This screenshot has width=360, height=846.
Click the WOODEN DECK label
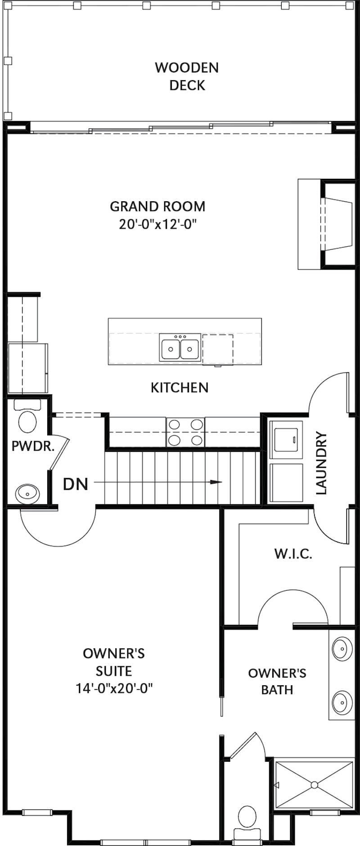tap(187, 76)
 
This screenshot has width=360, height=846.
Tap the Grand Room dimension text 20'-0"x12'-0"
tap(158, 224)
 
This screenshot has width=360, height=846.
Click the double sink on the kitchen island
tap(180, 348)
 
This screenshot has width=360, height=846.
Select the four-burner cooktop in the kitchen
tap(185, 432)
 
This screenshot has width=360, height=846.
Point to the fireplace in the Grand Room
tap(337, 224)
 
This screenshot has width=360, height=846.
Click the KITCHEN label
tap(180, 388)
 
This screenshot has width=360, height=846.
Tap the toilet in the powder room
tap(27, 418)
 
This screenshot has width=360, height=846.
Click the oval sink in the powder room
tap(27, 493)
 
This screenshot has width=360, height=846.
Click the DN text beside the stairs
tap(76, 484)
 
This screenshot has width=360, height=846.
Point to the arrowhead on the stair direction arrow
tap(216, 482)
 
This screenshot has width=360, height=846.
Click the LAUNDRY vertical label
tap(321, 463)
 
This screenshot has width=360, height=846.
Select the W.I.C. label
tap(293, 554)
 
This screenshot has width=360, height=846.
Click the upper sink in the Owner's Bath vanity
tap(342, 648)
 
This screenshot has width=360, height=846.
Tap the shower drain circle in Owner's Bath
tap(314, 785)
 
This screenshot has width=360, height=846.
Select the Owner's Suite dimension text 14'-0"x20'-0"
tap(114, 688)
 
